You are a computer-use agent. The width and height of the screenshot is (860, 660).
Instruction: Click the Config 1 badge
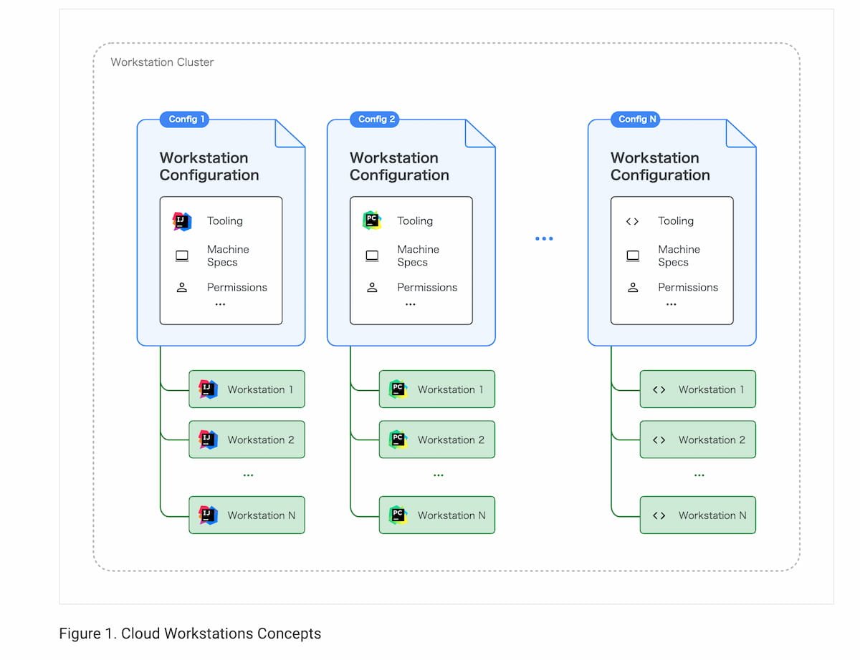click(x=184, y=119)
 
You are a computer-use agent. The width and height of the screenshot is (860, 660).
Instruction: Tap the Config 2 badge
click(x=374, y=119)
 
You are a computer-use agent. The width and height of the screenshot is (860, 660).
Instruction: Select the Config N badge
click(x=635, y=119)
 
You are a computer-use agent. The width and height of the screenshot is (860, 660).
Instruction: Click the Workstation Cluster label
click(x=162, y=62)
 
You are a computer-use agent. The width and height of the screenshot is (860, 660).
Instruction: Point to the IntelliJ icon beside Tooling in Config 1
click(x=181, y=221)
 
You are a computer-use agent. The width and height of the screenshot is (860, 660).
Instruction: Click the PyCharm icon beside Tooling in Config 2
click(x=372, y=220)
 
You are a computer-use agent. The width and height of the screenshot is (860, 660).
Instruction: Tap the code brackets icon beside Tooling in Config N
click(x=632, y=221)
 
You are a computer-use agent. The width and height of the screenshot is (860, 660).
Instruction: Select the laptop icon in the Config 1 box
click(x=181, y=256)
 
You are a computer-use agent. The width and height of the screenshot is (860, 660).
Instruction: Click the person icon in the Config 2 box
click(x=372, y=287)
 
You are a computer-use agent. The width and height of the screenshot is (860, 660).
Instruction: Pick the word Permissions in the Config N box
click(x=688, y=287)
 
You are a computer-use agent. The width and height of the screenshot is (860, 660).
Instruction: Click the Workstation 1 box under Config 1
click(x=247, y=389)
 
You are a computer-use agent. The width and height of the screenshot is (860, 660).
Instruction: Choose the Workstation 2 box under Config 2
click(x=437, y=440)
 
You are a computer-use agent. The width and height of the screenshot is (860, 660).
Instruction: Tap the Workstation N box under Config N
click(x=698, y=515)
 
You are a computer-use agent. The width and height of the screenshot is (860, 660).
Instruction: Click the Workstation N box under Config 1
click(x=247, y=515)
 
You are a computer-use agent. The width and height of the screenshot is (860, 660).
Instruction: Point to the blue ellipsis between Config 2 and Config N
click(x=544, y=238)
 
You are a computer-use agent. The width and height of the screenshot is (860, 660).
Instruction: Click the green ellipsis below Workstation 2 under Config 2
click(x=438, y=475)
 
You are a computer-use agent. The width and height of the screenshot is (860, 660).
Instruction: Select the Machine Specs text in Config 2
click(x=418, y=256)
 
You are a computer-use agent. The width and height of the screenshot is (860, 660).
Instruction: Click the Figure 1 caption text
click(x=190, y=633)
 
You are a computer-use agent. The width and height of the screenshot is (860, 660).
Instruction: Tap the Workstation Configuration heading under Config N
click(x=660, y=166)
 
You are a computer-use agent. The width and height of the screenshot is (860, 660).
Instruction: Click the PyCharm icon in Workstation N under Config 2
click(x=398, y=515)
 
